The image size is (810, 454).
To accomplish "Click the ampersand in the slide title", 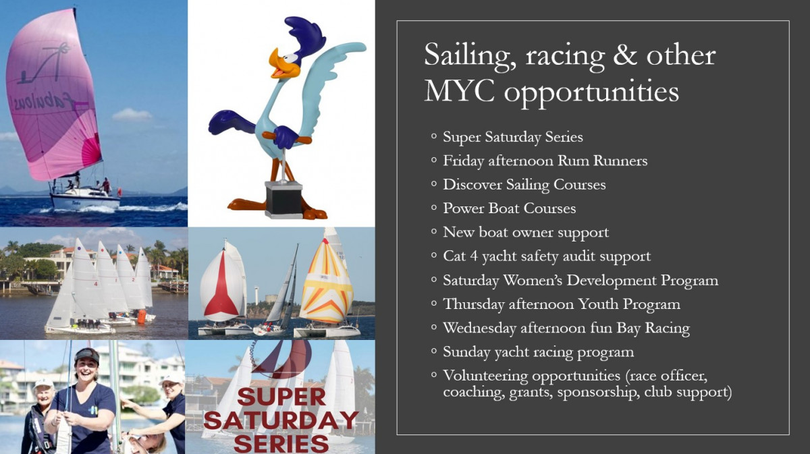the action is click(625, 55).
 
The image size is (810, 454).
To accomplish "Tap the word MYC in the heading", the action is click(459, 92).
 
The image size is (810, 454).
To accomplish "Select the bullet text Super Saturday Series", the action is click(513, 137).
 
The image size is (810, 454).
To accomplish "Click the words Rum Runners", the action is click(602, 161).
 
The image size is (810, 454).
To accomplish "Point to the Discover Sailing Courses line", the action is click(524, 185).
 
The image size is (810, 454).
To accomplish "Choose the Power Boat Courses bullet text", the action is click(509, 208).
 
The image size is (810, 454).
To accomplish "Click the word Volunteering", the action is click(485, 376).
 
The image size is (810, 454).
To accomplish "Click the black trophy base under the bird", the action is click(283, 199).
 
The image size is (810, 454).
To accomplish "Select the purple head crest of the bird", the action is click(305, 34).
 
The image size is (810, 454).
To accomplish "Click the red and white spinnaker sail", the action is click(222, 285).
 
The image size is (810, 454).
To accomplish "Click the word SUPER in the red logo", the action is click(281, 397).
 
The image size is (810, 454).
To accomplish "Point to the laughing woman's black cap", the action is click(87, 356).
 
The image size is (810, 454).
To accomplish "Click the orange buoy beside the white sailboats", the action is click(142, 316).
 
